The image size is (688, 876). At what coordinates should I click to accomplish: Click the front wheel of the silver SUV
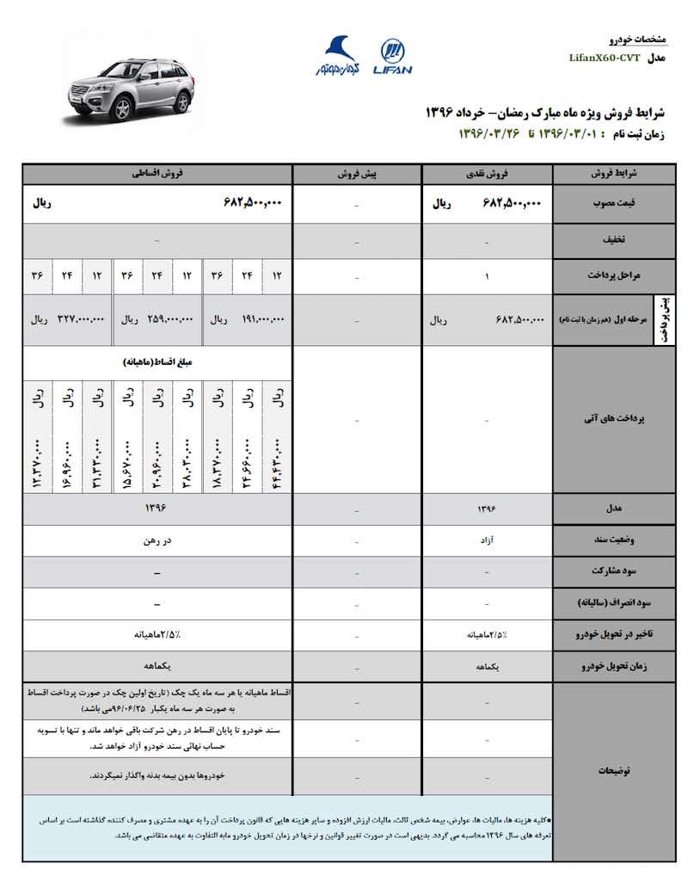pyautogui.click(x=122, y=109)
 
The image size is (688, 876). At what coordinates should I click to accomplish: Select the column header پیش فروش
pyautogui.click(x=357, y=173)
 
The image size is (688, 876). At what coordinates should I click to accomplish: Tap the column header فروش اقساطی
pyautogui.click(x=157, y=173)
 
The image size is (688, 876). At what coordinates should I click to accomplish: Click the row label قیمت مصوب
pyautogui.click(x=609, y=203)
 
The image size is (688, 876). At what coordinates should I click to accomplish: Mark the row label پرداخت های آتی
pyautogui.click(x=609, y=419)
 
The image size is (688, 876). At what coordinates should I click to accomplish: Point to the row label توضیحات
pyautogui.click(x=609, y=770)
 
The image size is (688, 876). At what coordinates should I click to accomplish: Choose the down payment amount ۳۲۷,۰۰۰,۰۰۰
pyautogui.click(x=81, y=319)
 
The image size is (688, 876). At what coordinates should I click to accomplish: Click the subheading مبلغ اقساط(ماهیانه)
pyautogui.click(x=157, y=362)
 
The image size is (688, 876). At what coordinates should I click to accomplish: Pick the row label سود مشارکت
pyautogui.click(x=609, y=571)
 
